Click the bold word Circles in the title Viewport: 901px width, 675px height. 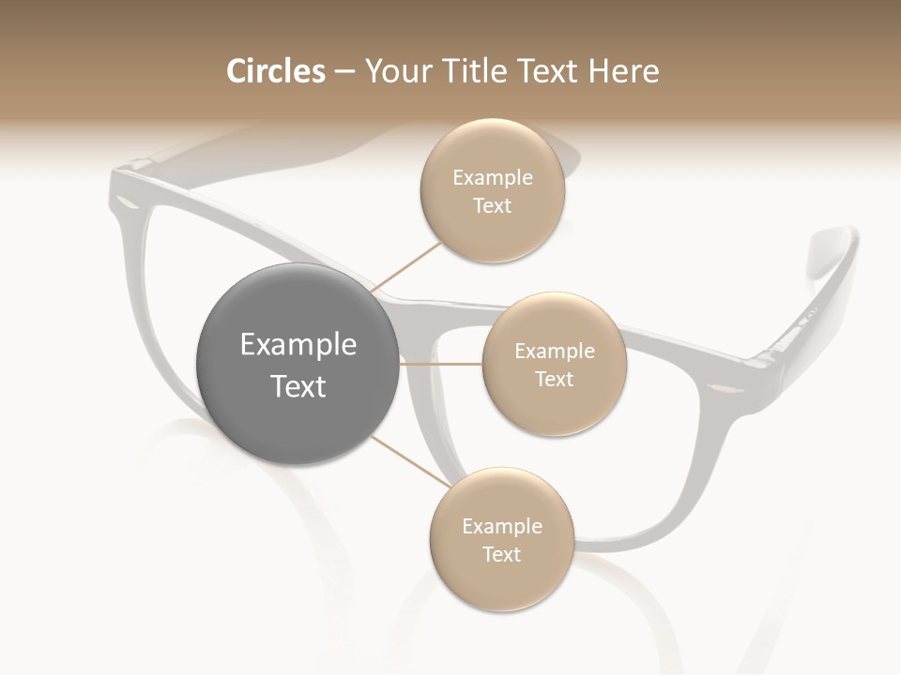[275, 71]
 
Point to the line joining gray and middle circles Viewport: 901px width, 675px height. [441, 363]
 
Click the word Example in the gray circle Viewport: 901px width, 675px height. [298, 345]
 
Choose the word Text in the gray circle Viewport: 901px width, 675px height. [298, 386]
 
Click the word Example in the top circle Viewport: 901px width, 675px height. [493, 178]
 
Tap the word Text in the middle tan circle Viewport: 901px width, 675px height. [555, 380]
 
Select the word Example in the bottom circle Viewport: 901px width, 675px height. [501, 527]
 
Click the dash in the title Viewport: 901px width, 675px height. [344, 71]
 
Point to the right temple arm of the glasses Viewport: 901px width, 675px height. [826, 291]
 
